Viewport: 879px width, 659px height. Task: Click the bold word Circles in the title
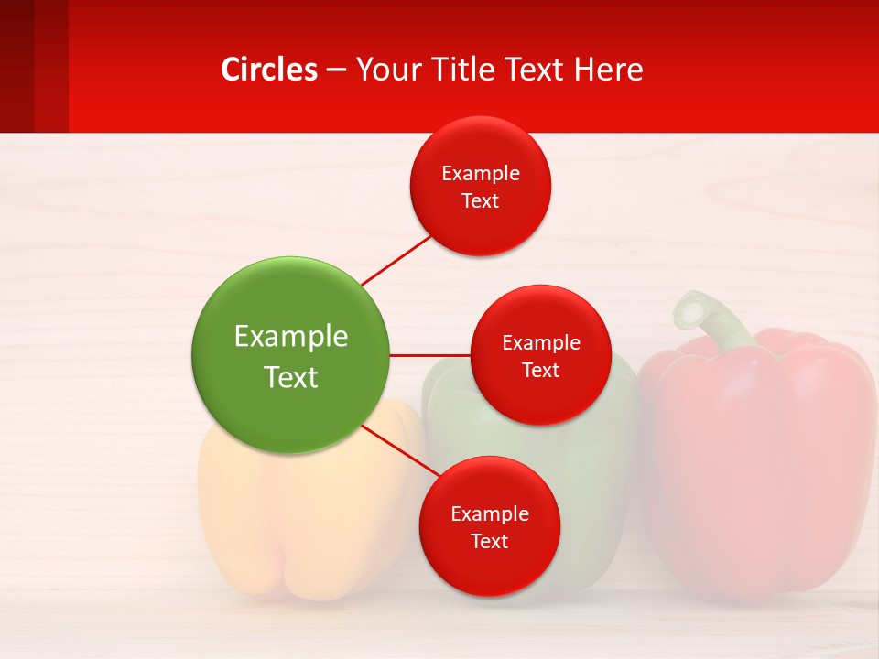pos(269,70)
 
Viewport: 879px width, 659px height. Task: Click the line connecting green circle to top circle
pos(396,260)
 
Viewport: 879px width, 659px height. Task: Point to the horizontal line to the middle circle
pos(429,355)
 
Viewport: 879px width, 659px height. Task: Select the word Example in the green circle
pos(290,336)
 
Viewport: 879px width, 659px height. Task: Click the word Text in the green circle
pos(290,377)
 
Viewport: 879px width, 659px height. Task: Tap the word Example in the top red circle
pos(481,173)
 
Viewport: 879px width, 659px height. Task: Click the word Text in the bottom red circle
pos(489,541)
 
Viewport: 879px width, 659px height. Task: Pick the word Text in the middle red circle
pos(540,370)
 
